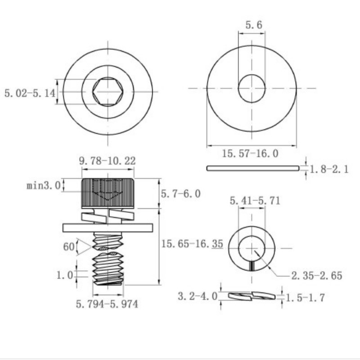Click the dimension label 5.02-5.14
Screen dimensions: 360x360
29,93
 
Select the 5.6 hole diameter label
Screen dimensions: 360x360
253,25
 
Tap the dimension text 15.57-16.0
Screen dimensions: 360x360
250,154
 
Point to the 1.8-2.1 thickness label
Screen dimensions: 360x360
329,170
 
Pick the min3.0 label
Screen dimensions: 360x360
43,185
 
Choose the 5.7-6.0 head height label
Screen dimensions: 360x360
180,193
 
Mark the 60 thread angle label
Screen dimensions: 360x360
68,247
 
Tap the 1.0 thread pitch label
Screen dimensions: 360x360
65,275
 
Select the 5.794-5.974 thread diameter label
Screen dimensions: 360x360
107,305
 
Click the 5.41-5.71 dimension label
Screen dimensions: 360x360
255,201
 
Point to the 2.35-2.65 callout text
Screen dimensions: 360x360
316,275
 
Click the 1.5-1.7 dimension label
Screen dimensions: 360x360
305,297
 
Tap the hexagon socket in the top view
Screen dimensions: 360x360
108,92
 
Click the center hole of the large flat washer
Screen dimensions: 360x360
252,88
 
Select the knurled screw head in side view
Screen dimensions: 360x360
108,192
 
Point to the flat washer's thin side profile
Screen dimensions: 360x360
252,168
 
